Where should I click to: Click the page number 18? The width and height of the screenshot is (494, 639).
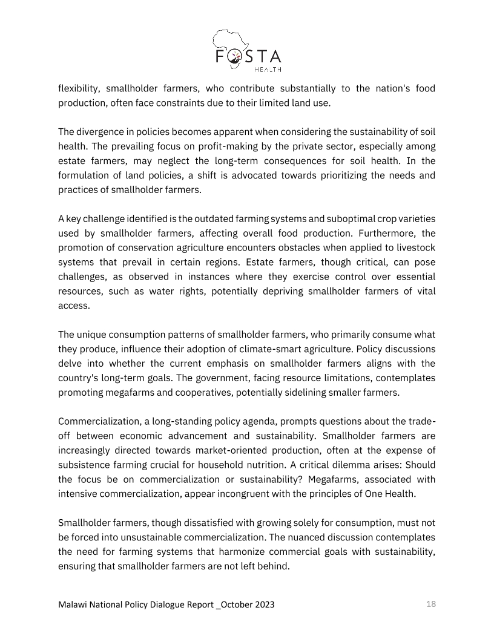pos(431,604)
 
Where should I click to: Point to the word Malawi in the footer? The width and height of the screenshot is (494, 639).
pos(74,605)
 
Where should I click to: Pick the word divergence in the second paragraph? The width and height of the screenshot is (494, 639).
pos(101,131)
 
